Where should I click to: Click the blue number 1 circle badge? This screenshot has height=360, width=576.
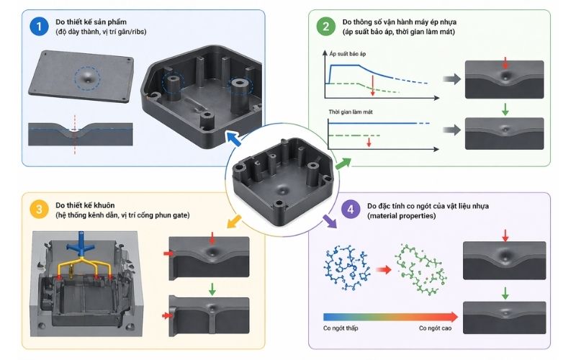36,27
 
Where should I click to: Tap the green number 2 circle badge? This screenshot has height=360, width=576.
325,27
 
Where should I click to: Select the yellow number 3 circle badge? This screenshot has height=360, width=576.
36,209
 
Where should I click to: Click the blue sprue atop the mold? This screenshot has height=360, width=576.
84,246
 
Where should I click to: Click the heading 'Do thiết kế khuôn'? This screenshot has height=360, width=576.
94,204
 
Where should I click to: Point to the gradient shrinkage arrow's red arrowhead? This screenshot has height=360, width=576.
451,315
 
